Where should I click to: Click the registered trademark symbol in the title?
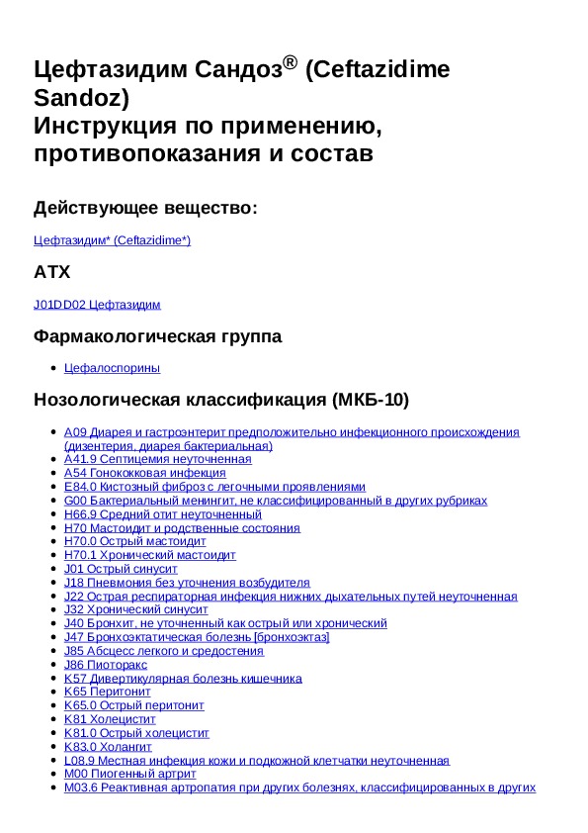(x=290, y=63)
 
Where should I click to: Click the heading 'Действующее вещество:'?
(x=145, y=208)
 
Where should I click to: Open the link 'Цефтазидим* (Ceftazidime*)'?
(x=112, y=240)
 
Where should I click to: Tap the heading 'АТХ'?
(x=51, y=272)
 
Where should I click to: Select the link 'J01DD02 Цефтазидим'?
(x=97, y=305)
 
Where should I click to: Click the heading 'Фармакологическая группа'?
(x=157, y=336)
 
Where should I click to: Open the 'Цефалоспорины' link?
(x=112, y=368)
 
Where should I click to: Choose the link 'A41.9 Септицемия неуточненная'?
(x=157, y=459)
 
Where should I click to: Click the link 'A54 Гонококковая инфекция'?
(x=144, y=473)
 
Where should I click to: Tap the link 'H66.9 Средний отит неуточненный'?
(x=162, y=514)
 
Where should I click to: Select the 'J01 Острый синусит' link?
(x=121, y=569)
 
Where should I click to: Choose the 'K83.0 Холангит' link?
(x=108, y=747)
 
